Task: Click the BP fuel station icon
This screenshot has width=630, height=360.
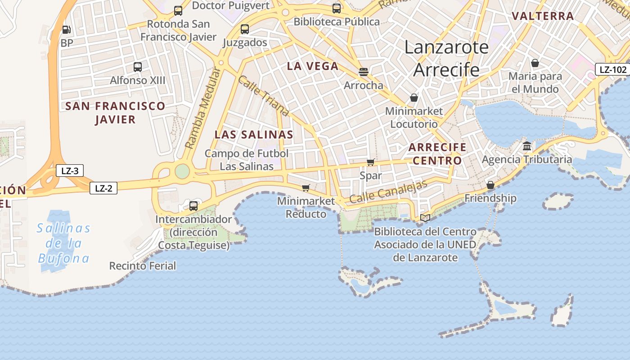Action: point(66,30)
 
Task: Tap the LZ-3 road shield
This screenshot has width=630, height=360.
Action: point(70,171)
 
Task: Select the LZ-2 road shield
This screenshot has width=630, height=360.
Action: point(103,188)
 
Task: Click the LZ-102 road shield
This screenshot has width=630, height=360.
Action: point(613,70)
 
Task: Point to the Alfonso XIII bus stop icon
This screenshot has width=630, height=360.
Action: point(138,67)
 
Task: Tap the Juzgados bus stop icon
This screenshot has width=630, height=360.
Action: point(245,29)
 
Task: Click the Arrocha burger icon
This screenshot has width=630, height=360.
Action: point(364,72)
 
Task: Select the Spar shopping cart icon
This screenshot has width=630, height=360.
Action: point(370,162)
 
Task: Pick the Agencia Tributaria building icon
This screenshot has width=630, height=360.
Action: point(527,146)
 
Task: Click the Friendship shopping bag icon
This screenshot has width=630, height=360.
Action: point(490,185)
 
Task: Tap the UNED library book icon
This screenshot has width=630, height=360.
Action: point(425,218)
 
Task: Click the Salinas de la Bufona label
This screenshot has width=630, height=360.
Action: point(63,243)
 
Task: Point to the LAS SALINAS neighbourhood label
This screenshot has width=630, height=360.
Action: point(254,135)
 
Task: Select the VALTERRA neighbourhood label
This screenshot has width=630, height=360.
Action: point(543,16)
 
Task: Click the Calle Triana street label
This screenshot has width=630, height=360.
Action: point(263,96)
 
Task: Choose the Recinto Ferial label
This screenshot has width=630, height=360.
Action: point(143,266)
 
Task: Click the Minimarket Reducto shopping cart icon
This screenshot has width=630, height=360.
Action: point(306,188)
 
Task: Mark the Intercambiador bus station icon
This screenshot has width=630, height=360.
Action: point(193,206)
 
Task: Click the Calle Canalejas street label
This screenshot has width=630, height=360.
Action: point(388,192)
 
